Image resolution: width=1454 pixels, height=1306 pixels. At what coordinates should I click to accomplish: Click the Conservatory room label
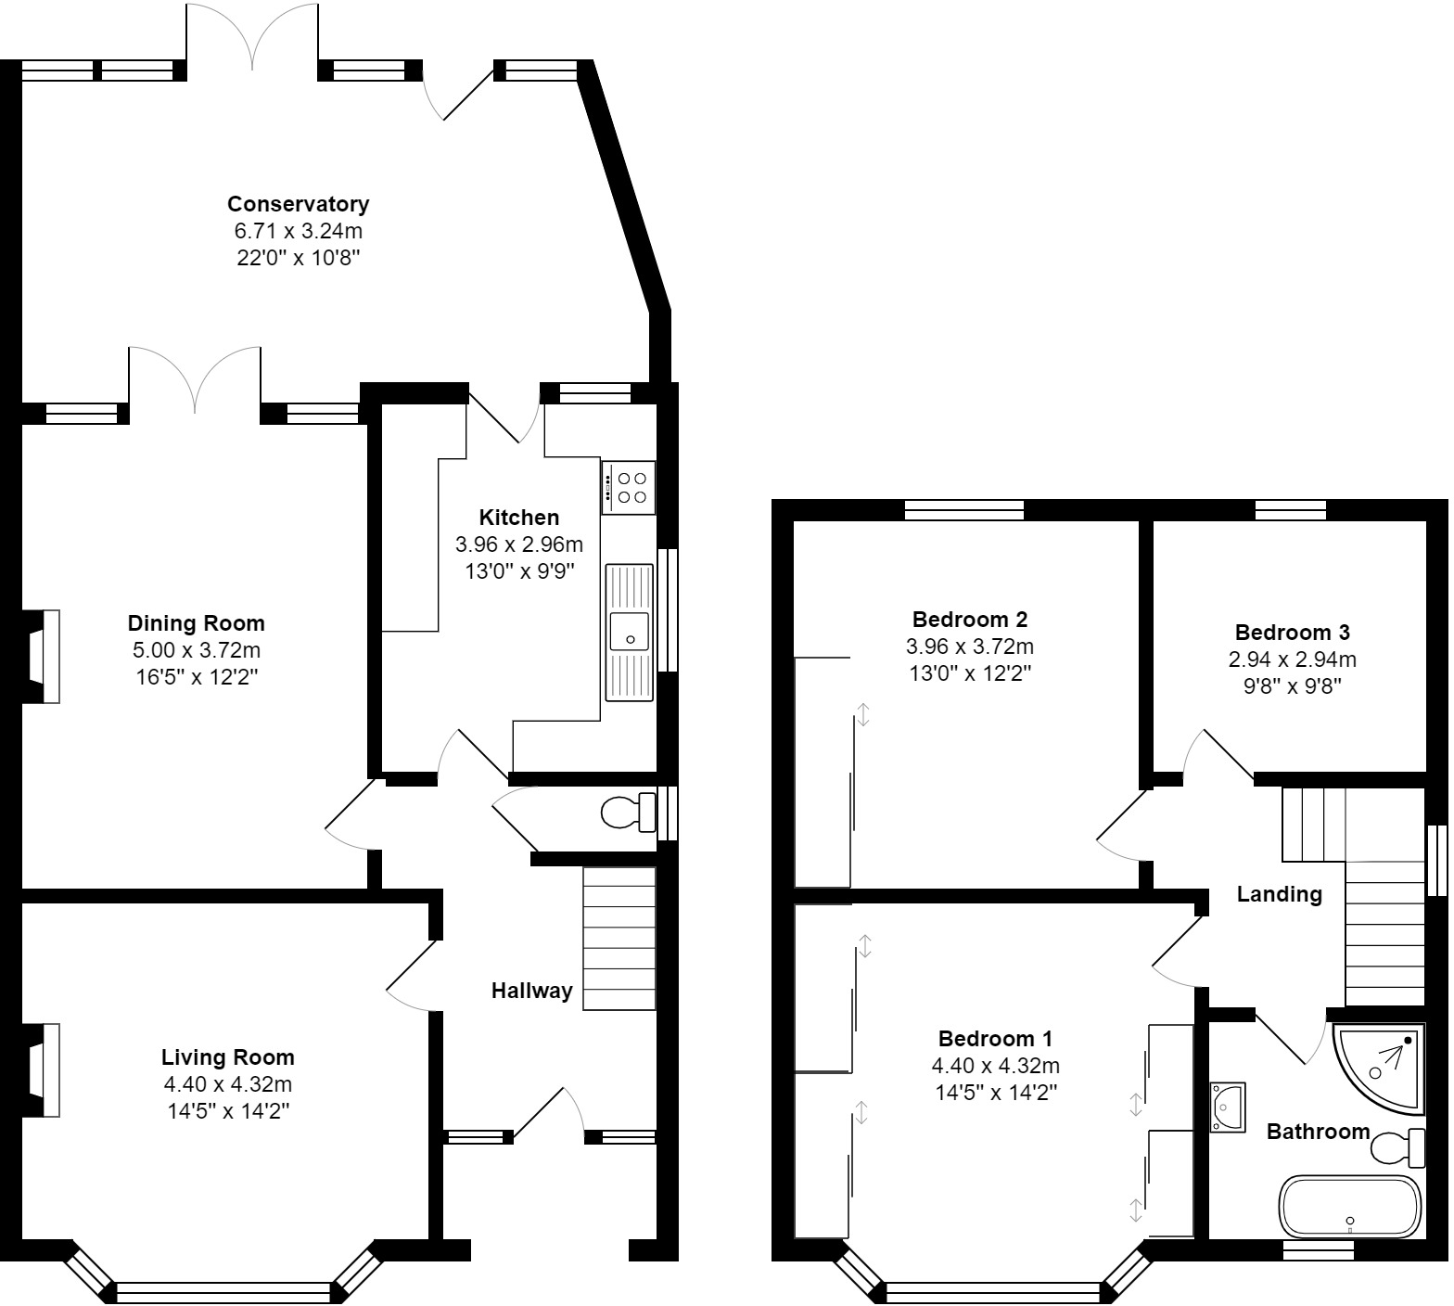pos(298,204)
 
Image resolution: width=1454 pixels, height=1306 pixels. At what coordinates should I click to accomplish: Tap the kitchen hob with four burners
pos(629,488)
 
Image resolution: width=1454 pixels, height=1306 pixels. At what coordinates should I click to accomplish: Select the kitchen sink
pos(630,631)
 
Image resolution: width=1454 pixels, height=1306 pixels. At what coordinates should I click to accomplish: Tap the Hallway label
pos(531,991)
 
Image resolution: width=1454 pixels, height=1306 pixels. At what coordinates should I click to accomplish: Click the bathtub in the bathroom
pos(1349,1207)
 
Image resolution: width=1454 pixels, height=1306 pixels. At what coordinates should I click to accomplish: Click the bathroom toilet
pos(1397,1148)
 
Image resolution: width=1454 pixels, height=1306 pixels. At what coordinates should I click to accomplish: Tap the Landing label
pos(1279,894)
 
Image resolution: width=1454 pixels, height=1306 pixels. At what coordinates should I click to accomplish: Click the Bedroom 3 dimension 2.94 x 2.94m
pos(1292,659)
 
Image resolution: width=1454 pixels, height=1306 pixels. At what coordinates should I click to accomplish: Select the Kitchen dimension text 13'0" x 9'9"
pos(519,571)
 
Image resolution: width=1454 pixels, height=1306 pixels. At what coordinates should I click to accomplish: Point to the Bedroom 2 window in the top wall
pos(964,509)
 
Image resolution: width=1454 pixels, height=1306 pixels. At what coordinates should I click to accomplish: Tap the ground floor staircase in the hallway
pos(619,938)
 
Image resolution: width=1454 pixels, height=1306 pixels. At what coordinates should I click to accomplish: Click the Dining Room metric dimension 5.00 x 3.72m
pos(196,650)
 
